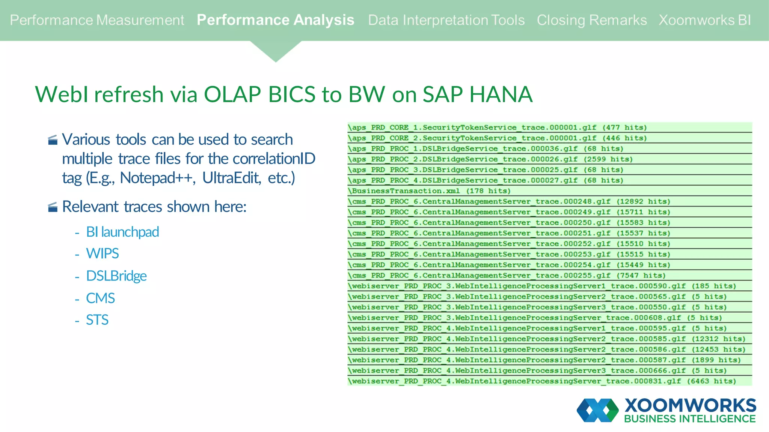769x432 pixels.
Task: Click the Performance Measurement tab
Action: pos(97,20)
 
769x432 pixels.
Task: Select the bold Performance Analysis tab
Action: pos(275,20)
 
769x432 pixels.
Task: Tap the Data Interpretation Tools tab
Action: pos(446,20)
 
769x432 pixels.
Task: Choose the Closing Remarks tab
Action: pos(591,20)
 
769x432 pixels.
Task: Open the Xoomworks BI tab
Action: pos(704,20)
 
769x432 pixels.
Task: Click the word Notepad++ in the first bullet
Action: pos(157,178)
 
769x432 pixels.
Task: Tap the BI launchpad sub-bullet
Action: pos(122,232)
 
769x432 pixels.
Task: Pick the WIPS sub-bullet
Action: pos(102,254)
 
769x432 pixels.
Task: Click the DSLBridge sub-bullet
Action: pos(116,276)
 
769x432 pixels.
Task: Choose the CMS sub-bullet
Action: pos(100,298)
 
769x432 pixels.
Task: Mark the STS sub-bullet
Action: pos(97,320)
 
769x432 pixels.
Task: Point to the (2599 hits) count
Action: pos(608,159)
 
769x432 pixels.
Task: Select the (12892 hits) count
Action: pos(643,201)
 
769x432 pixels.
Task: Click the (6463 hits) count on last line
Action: pos(711,381)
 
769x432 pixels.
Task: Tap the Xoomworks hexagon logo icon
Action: pos(597,410)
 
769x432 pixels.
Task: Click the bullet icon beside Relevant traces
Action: pos(53,207)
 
